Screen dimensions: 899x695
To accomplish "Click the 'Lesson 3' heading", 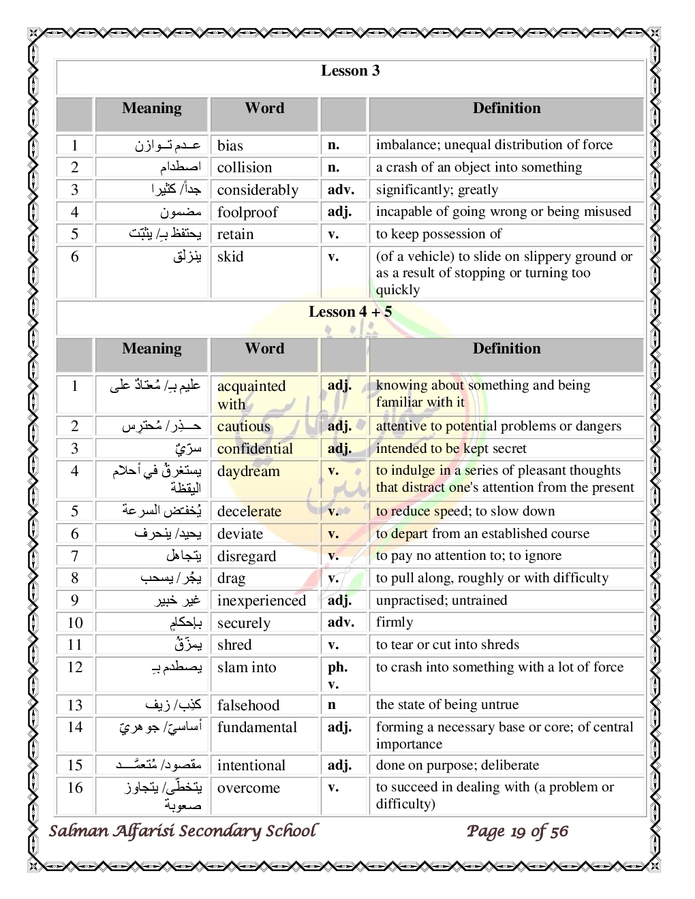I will pos(350,71).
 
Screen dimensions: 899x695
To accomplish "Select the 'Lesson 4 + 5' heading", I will pos(350,312).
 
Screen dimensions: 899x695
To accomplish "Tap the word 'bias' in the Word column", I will pos(230,145).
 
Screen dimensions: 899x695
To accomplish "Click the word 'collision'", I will pos(245,168).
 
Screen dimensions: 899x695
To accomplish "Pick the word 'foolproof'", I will pos(247,212).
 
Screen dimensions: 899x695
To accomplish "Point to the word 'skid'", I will pos(230,257).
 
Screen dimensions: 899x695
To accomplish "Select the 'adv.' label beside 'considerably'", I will pos(341,189).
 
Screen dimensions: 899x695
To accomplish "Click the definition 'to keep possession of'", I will pos(439,234).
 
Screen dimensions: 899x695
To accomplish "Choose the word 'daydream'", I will pos(248,471).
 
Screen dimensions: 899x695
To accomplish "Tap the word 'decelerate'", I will pos(249,511).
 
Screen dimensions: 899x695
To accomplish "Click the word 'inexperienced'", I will pos(262,601).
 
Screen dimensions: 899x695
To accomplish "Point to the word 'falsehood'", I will pos(248,706).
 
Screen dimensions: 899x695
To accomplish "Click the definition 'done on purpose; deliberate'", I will pos(457,765).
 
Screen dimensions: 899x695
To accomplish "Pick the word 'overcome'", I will pos(249,788).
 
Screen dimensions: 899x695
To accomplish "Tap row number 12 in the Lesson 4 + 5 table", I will pos(75,667).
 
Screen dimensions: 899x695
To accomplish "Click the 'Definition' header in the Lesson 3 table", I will pos(506,108).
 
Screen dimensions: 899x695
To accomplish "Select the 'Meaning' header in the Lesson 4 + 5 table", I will pos(151,349).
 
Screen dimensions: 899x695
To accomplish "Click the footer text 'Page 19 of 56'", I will pos(517,831).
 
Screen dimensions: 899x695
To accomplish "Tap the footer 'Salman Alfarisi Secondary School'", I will pos(183,831).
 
